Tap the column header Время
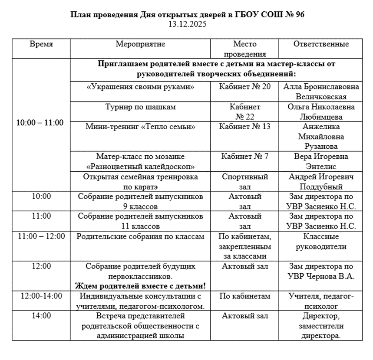pos(41,44)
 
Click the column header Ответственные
pos(321,44)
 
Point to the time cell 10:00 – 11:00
pos(40,123)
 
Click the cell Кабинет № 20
pos(245,86)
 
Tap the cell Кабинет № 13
pos(245,127)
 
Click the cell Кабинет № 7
pos(245,157)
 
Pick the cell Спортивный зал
pos(245,182)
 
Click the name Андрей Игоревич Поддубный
pos(321,182)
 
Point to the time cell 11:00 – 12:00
pos(41,236)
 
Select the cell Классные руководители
pos(321,242)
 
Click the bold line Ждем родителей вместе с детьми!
pos(140,286)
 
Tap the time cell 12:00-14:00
pos(41,296)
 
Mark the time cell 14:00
pos(41,316)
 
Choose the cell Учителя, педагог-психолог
pos(321,301)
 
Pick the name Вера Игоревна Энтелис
pos(321,161)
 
